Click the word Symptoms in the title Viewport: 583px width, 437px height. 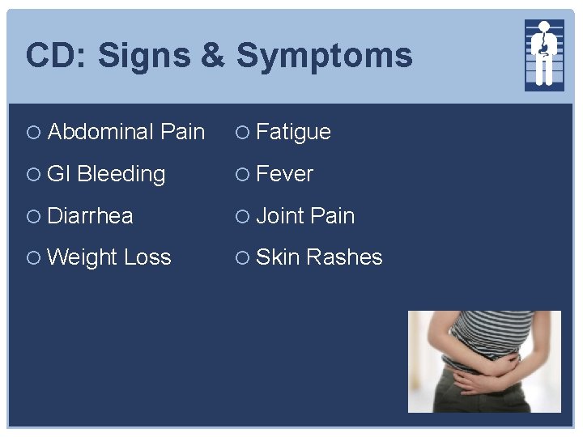point(324,57)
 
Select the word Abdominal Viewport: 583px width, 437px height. point(101,132)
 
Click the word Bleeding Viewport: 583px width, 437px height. point(121,174)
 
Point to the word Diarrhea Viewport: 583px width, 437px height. point(90,216)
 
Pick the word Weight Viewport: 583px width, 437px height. point(83,258)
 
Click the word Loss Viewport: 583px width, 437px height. point(147,257)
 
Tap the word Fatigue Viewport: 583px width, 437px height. point(293,132)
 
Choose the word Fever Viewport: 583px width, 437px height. point(284,174)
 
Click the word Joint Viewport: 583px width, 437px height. point(280,216)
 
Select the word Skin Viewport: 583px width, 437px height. point(277,257)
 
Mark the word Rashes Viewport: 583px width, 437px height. point(344,257)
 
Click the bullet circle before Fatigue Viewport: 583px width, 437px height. point(241,133)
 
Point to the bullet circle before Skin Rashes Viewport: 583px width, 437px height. point(241,258)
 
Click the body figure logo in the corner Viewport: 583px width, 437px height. point(544,54)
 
